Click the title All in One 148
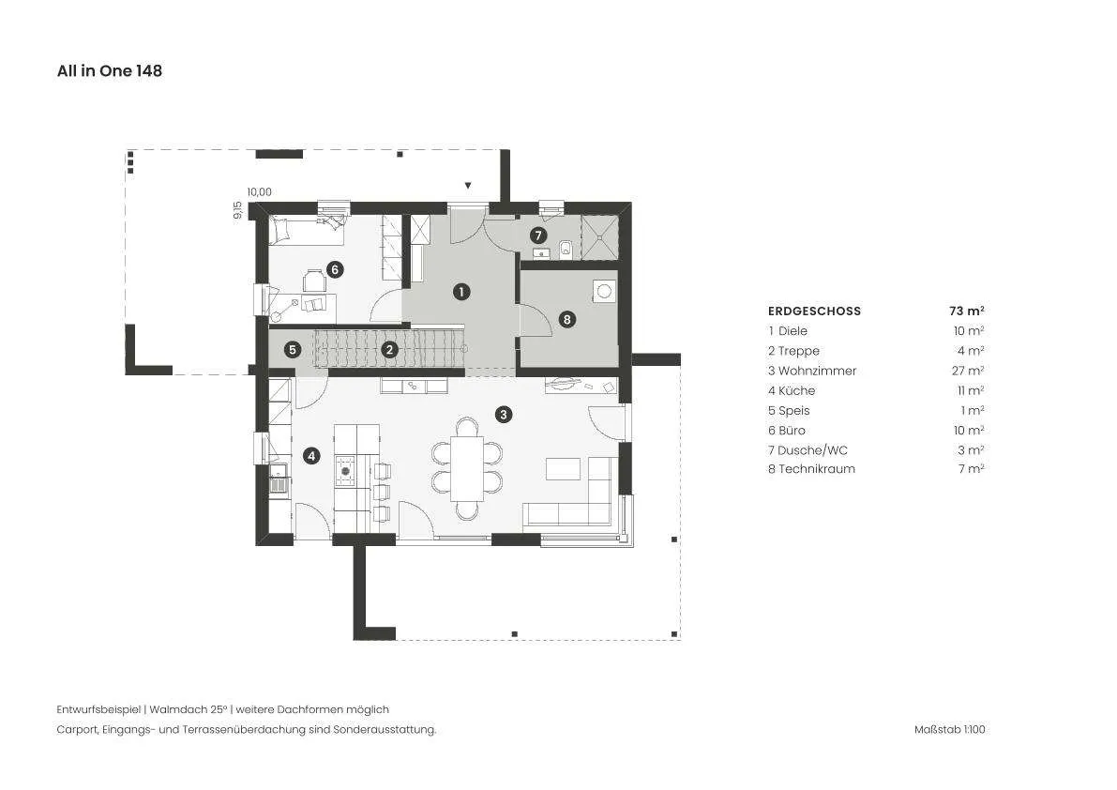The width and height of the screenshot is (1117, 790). click(110, 70)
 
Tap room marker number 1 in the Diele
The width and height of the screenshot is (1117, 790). click(461, 292)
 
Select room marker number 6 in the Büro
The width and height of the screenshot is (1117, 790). click(335, 269)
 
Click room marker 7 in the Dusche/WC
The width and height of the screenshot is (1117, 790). click(538, 235)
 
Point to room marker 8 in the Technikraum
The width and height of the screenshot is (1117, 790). click(567, 319)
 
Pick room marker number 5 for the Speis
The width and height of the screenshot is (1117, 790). click(292, 350)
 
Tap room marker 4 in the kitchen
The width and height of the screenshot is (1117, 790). click(311, 455)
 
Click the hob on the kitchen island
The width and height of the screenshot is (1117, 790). click(345, 470)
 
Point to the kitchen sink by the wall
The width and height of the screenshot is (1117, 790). click(279, 478)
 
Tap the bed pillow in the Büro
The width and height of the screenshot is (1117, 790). click(279, 230)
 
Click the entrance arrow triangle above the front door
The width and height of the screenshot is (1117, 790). click(468, 186)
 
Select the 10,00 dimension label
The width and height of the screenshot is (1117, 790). click(259, 191)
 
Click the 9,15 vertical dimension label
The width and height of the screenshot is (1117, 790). click(237, 209)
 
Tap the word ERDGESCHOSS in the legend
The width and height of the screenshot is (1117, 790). click(814, 311)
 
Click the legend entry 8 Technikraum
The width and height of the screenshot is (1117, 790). click(811, 469)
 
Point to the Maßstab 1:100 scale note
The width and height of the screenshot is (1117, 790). click(950, 729)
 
